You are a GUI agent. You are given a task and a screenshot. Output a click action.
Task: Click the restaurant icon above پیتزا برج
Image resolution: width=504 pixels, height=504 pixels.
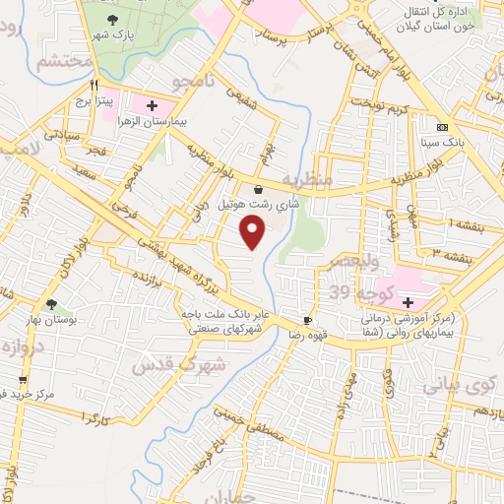tap(94, 85)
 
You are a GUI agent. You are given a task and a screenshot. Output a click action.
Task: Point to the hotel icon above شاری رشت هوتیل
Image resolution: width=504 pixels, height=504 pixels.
tap(258, 190)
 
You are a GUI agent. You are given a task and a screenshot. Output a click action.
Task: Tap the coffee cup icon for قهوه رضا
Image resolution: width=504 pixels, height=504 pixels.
tap(307, 321)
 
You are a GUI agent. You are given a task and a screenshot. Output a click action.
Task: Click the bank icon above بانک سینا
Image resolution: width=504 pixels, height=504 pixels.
tap(442, 127)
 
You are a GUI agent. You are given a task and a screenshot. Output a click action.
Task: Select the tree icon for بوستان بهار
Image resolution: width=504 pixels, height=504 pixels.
tap(51, 304)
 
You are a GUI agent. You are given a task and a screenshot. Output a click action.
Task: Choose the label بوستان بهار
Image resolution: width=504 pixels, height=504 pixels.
tap(52, 322)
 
